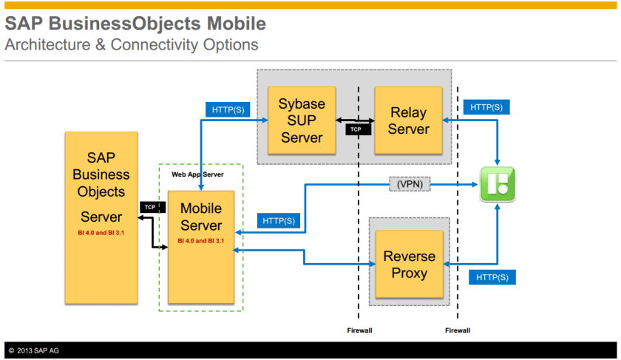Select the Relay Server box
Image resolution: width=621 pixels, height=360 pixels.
tap(408, 120)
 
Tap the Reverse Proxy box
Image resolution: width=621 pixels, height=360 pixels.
tap(409, 265)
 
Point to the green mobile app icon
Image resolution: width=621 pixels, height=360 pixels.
tap(498, 184)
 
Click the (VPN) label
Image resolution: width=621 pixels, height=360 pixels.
tap(409, 183)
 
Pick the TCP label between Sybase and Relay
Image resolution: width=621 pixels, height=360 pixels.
tap(356, 129)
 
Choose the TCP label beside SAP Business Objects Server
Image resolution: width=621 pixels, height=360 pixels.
tap(150, 208)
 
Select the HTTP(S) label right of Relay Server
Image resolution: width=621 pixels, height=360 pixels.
tap(486, 107)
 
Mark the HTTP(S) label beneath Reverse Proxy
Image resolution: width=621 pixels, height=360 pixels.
tap(492, 277)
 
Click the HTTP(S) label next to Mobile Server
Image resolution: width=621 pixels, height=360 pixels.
tap(278, 220)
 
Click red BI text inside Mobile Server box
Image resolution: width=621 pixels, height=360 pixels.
tap(201, 240)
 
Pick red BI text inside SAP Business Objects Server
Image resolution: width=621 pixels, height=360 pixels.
tap(101, 234)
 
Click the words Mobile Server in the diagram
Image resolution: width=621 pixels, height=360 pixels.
tap(201, 217)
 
